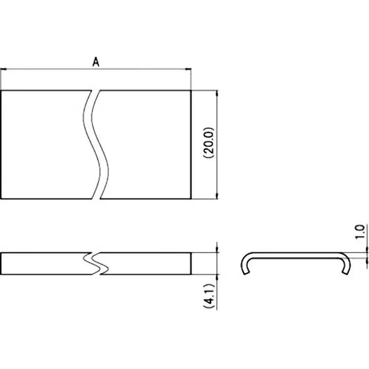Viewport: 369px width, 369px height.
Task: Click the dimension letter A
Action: point(96,61)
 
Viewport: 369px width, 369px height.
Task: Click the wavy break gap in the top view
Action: point(96,144)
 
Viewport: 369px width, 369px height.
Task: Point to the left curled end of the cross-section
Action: point(245,266)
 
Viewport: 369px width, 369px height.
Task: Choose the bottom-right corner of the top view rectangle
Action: point(191,199)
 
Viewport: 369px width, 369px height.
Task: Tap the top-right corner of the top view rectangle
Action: point(191,90)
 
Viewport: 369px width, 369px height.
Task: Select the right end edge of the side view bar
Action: point(191,263)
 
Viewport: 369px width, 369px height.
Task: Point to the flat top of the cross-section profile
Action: point(295,254)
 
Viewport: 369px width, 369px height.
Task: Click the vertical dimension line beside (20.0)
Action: point(217,120)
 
